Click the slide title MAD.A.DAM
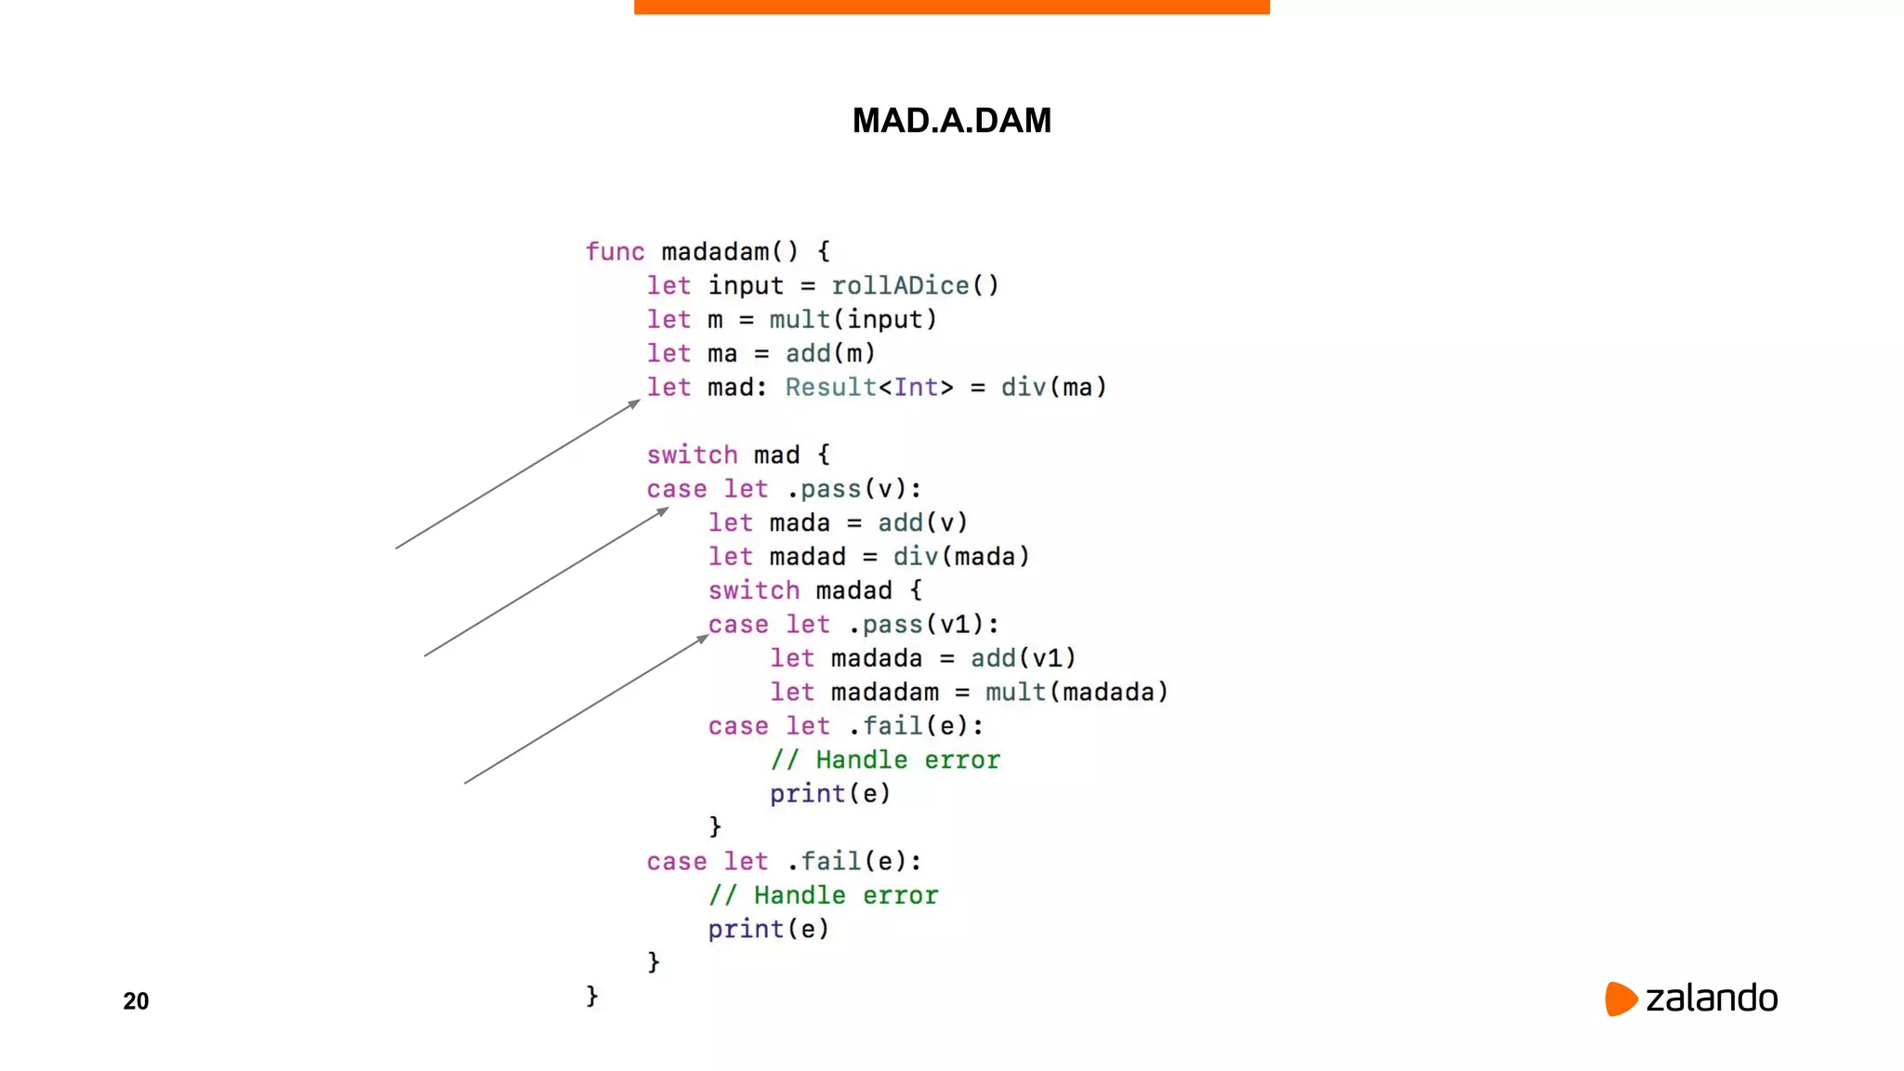point(951,120)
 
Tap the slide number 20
point(136,1000)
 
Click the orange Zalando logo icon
point(1620,998)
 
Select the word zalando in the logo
point(1712,998)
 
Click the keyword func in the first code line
point(615,252)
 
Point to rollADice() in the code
point(915,285)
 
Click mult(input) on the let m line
point(853,320)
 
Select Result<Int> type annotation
point(869,388)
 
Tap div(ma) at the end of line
point(1053,388)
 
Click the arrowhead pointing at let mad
point(634,403)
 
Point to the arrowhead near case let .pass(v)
point(663,510)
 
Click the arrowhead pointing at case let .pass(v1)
point(703,639)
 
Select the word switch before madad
point(754,590)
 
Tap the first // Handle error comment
point(885,760)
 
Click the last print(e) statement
point(768,930)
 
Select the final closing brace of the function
point(592,996)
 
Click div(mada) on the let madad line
point(961,557)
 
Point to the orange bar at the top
point(951,7)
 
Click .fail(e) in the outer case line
point(854,862)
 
